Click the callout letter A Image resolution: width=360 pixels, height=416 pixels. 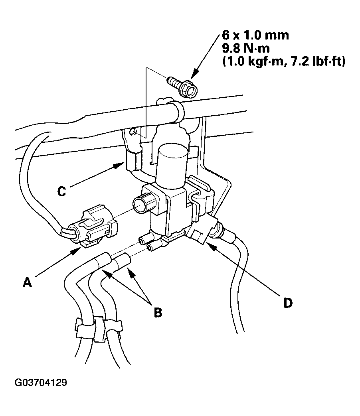point(27,282)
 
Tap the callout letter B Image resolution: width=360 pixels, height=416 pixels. point(158,312)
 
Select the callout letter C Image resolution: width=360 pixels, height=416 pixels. point(61,191)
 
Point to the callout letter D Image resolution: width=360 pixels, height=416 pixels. point(288,303)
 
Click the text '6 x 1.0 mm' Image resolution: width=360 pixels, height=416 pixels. point(255,35)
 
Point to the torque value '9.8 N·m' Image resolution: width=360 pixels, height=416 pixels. point(246,49)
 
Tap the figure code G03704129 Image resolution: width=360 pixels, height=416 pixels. point(41,382)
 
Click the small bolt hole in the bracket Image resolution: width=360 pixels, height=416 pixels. point(134,131)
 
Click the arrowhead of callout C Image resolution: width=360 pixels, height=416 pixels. point(119,166)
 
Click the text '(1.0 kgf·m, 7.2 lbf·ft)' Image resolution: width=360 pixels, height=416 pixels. point(284,62)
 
